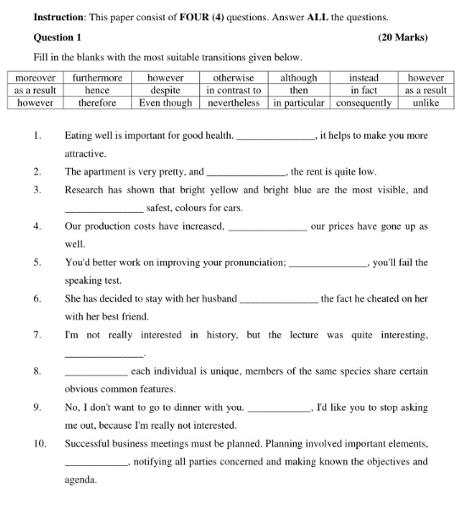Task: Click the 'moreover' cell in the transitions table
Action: (x=35, y=78)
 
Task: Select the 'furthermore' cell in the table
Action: (x=97, y=78)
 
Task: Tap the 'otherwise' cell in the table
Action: (x=234, y=78)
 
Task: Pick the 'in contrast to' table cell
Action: (x=234, y=90)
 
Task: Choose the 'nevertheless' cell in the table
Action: (x=234, y=103)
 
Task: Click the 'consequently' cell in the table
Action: (x=364, y=103)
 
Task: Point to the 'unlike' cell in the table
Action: (x=425, y=103)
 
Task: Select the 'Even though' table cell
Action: (x=166, y=103)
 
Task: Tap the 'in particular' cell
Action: (x=299, y=103)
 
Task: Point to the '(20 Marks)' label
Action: (x=403, y=37)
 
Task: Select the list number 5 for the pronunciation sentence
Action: (x=37, y=263)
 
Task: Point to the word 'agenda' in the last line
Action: (x=81, y=480)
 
